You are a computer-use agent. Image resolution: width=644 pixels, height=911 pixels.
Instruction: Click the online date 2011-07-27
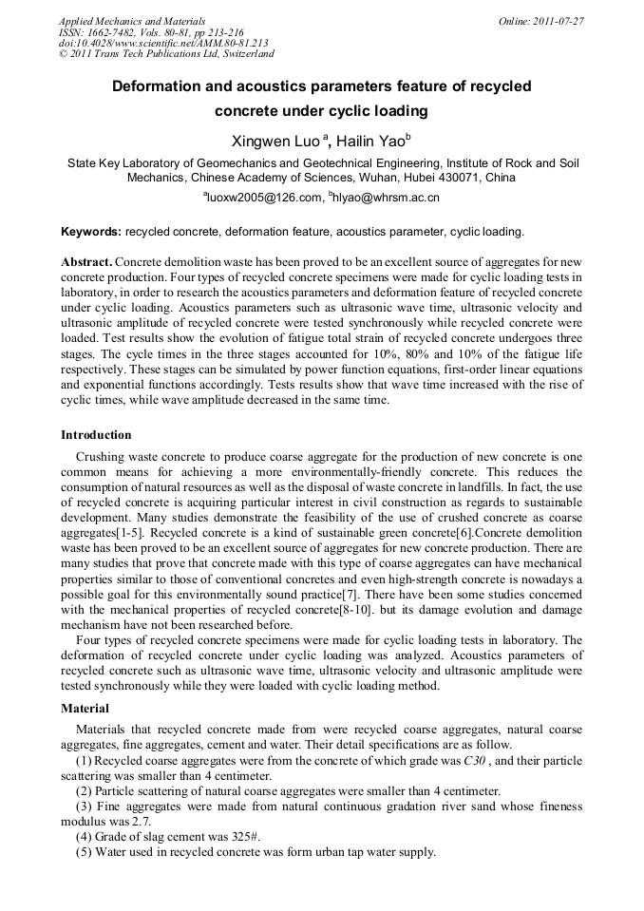[562, 21]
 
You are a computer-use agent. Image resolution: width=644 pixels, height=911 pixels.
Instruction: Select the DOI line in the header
[163, 44]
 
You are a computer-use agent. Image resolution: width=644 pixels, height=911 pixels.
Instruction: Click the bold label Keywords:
[91, 232]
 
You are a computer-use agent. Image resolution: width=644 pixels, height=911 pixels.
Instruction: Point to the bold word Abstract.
[86, 261]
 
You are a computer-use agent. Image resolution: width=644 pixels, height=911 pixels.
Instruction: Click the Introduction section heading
[96, 435]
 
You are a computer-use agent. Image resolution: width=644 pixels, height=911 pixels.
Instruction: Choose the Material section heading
[85, 708]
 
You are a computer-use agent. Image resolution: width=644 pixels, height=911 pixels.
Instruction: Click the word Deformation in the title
[157, 86]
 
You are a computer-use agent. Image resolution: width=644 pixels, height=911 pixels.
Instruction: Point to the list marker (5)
[84, 852]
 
